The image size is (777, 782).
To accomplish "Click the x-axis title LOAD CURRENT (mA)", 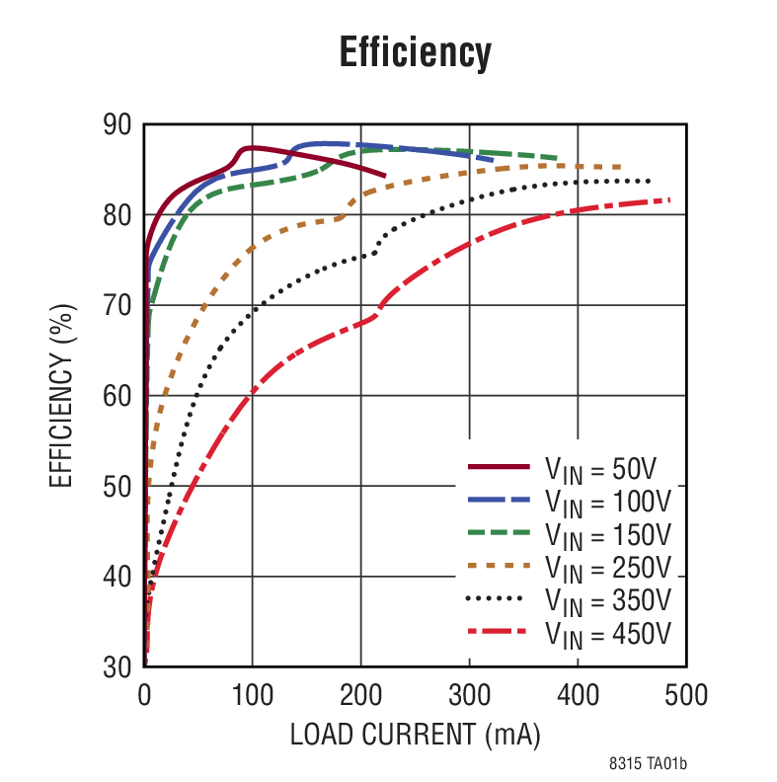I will coord(415,736).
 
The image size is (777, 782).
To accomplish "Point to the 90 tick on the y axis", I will coord(117,124).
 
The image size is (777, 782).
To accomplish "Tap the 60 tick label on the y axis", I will coord(117,396).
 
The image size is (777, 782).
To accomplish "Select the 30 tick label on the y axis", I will coord(117,667).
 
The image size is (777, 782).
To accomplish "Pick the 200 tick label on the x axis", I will coord(360,696).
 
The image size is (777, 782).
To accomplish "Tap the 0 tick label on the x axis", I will coord(144,696).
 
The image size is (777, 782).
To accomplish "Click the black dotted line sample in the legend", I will coord(502,598).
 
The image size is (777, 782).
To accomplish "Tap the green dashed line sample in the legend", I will coord(502,532).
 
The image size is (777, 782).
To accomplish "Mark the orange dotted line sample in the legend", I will coord(502,566).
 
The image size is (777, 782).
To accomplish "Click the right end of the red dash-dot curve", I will coord(670,200).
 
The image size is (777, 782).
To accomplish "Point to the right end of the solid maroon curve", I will coord(384,175).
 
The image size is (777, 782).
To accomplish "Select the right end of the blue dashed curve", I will coord(493,159).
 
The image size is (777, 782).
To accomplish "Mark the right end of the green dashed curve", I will coord(558,158).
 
